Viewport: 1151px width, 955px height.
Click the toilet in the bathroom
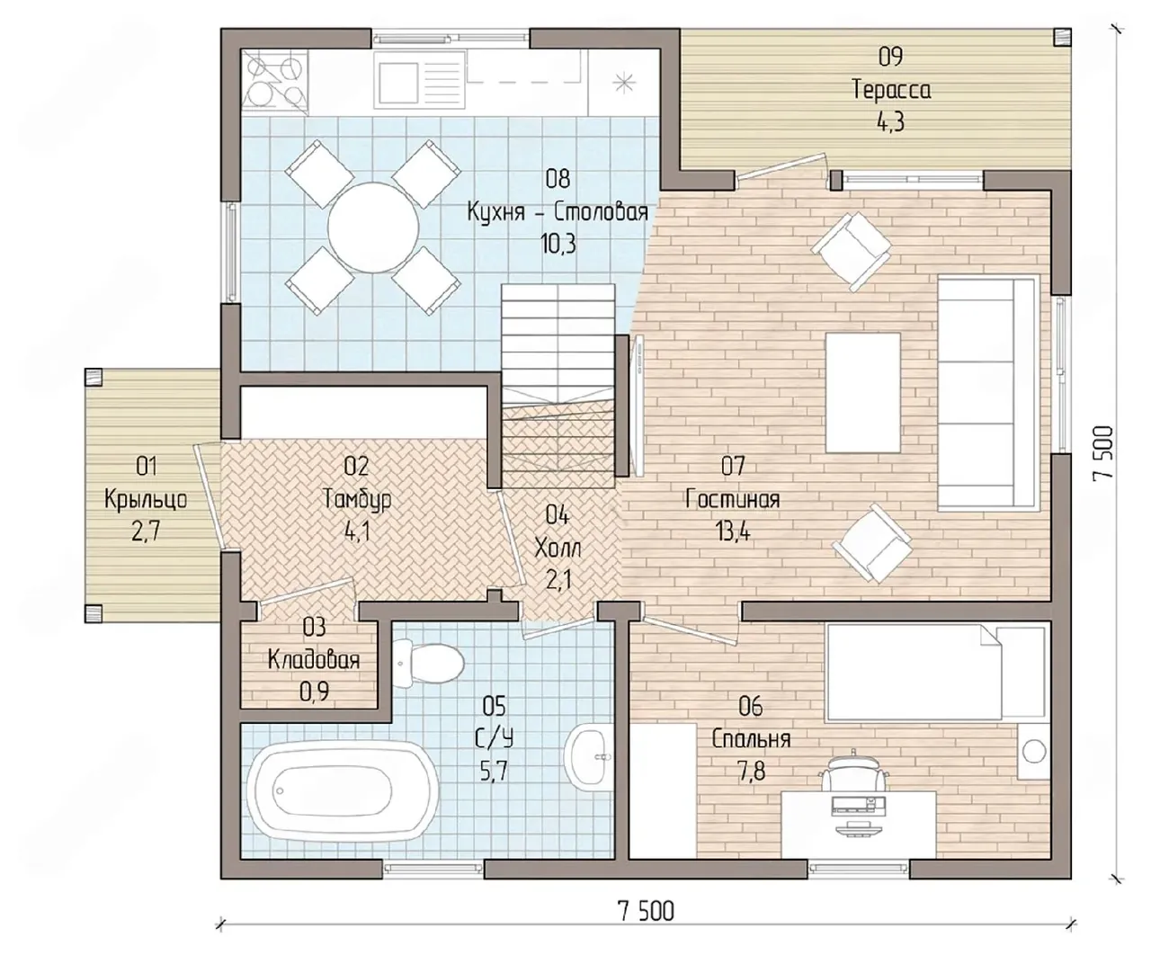(x=428, y=664)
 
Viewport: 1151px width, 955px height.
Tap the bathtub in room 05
(x=343, y=790)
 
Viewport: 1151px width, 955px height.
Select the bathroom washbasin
(x=589, y=756)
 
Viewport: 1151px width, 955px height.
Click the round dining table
(x=373, y=228)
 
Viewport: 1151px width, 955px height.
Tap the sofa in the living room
(x=988, y=392)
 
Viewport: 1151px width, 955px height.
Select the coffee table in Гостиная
(x=862, y=393)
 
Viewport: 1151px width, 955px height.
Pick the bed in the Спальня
(x=935, y=672)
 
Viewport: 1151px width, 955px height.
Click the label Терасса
(x=891, y=90)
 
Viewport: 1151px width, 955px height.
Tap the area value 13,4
(x=733, y=532)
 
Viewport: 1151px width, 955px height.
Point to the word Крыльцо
(x=146, y=500)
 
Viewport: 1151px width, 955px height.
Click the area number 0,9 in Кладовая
(x=314, y=692)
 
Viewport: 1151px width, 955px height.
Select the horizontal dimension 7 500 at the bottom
(x=646, y=912)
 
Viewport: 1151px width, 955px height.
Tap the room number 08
(x=558, y=179)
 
